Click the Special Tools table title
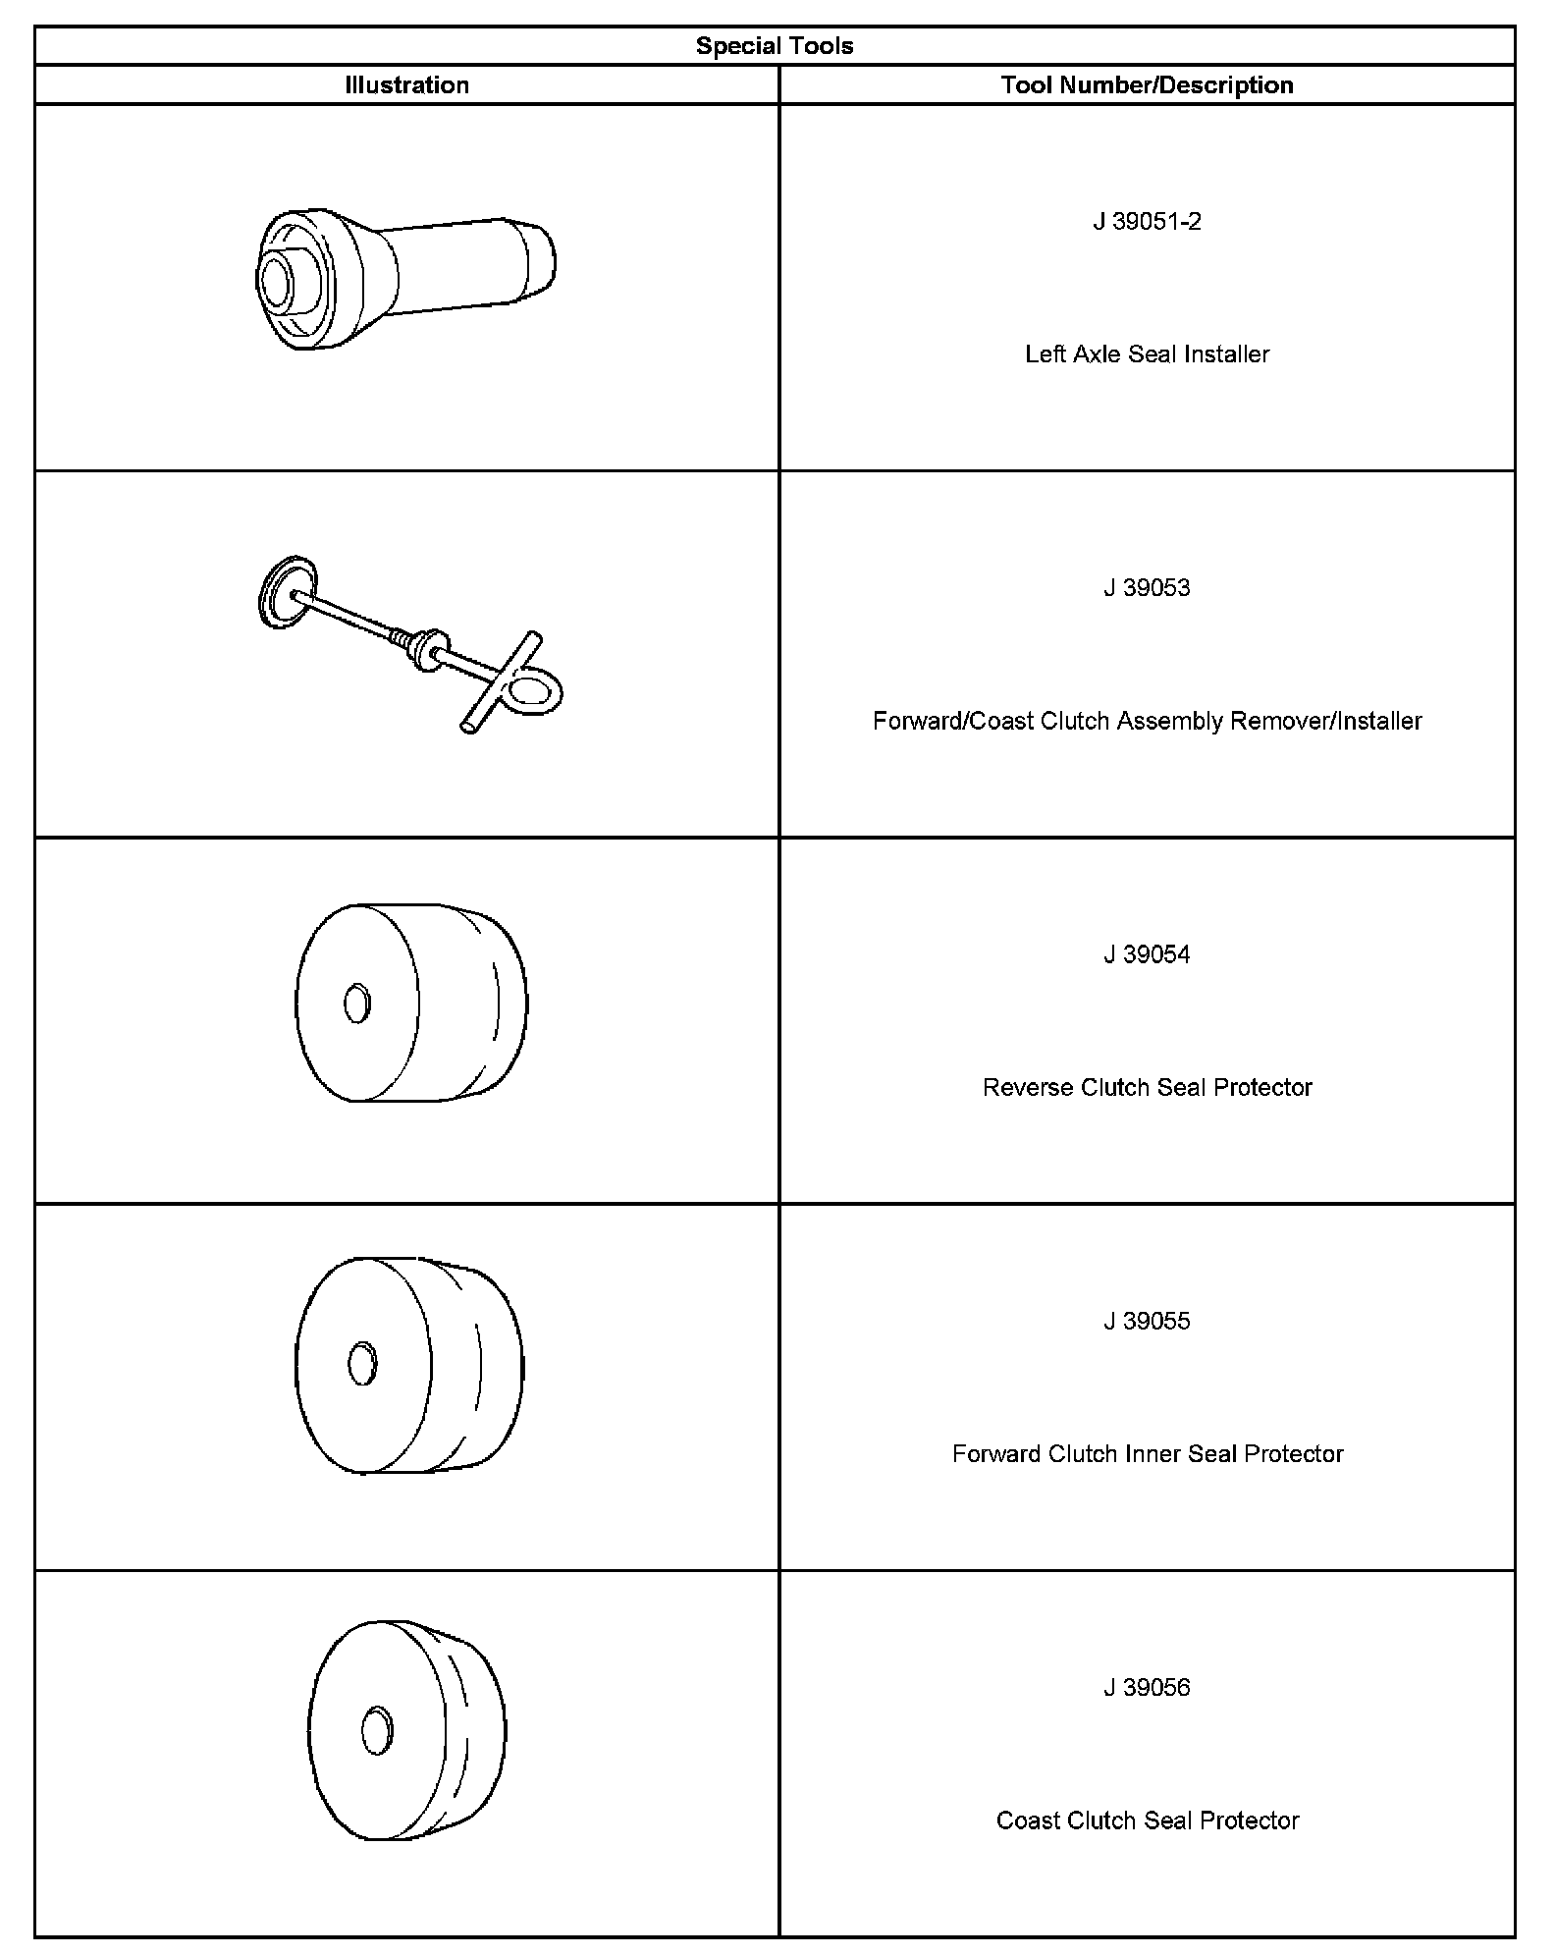(x=775, y=46)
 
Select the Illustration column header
(x=406, y=85)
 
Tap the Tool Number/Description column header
(x=1147, y=85)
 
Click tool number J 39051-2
(x=1147, y=222)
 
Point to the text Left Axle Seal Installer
(x=1147, y=354)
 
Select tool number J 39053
(x=1147, y=588)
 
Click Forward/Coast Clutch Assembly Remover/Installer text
(x=1147, y=722)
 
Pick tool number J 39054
(x=1147, y=954)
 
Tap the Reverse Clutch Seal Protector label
(x=1147, y=1088)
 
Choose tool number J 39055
(x=1147, y=1322)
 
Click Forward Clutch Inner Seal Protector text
(x=1147, y=1454)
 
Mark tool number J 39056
(x=1147, y=1688)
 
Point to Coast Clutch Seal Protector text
(x=1147, y=1821)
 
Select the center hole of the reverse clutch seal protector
(x=357, y=1003)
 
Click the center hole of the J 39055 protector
(x=362, y=1364)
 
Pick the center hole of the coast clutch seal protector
(x=376, y=1730)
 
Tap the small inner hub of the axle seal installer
(x=274, y=280)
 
